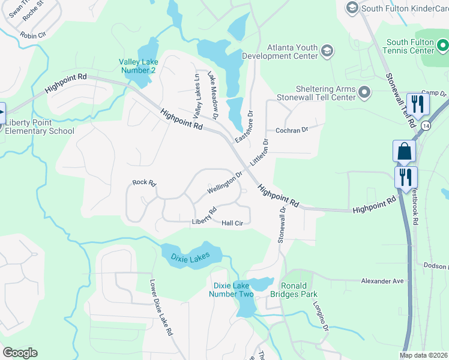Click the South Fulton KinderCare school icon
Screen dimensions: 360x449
point(352,7)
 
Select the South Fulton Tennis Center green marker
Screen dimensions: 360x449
point(442,46)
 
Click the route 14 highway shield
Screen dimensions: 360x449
point(425,126)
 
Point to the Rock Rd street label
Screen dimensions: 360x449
point(144,182)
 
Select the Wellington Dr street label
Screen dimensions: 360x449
point(224,183)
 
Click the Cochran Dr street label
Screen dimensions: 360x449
point(291,130)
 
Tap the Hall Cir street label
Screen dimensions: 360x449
point(232,223)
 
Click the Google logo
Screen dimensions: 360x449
point(20,353)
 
